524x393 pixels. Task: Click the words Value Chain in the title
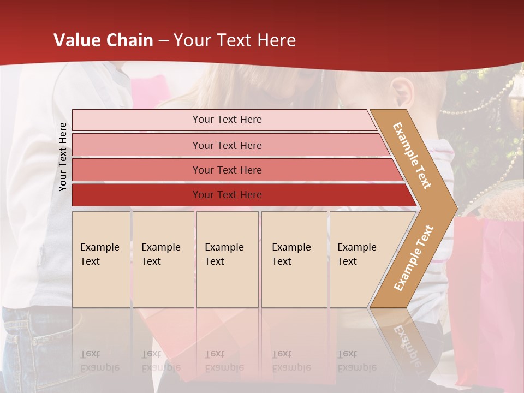(x=103, y=40)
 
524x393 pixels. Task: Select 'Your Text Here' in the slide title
(x=235, y=40)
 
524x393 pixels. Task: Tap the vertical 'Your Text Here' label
(x=63, y=157)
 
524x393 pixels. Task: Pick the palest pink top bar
(x=227, y=120)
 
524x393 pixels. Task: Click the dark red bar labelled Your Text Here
(x=227, y=195)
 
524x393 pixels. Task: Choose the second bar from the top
(x=227, y=145)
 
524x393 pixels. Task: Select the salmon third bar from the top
(x=227, y=170)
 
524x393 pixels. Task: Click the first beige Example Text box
(x=101, y=259)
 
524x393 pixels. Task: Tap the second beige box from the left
(x=163, y=259)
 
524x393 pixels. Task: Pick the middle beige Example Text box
(x=227, y=259)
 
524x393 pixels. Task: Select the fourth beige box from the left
(x=294, y=259)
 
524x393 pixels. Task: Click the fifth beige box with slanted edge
(x=360, y=259)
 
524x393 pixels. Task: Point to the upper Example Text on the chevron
(x=413, y=156)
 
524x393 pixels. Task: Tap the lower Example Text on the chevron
(x=414, y=258)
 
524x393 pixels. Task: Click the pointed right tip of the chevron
(x=454, y=208)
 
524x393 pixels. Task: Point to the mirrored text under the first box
(x=99, y=361)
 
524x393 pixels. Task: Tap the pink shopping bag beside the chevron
(x=486, y=284)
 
